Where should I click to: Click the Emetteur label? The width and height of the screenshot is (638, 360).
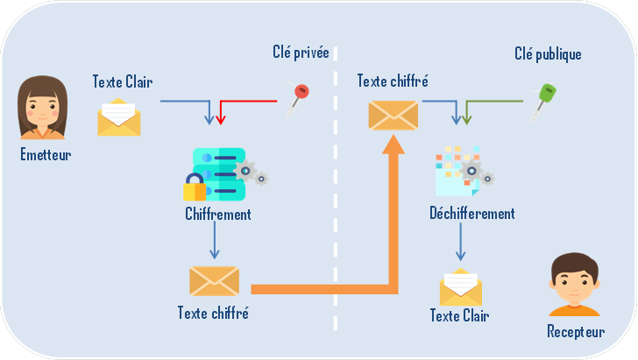click(x=46, y=155)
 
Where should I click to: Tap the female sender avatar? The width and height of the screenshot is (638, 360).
click(x=43, y=107)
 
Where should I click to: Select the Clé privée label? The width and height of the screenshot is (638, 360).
click(x=301, y=53)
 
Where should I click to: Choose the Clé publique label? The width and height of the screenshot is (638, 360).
click(x=548, y=54)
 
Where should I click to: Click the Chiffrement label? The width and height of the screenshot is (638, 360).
click(x=218, y=213)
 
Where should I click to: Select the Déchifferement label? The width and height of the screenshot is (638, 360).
click(x=472, y=213)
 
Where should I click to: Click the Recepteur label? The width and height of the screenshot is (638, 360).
click(x=576, y=331)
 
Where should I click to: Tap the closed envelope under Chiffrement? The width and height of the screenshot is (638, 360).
click(x=214, y=280)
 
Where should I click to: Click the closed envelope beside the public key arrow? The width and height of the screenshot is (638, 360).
click(x=393, y=115)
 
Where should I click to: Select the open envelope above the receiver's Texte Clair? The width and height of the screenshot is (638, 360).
click(x=460, y=286)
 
